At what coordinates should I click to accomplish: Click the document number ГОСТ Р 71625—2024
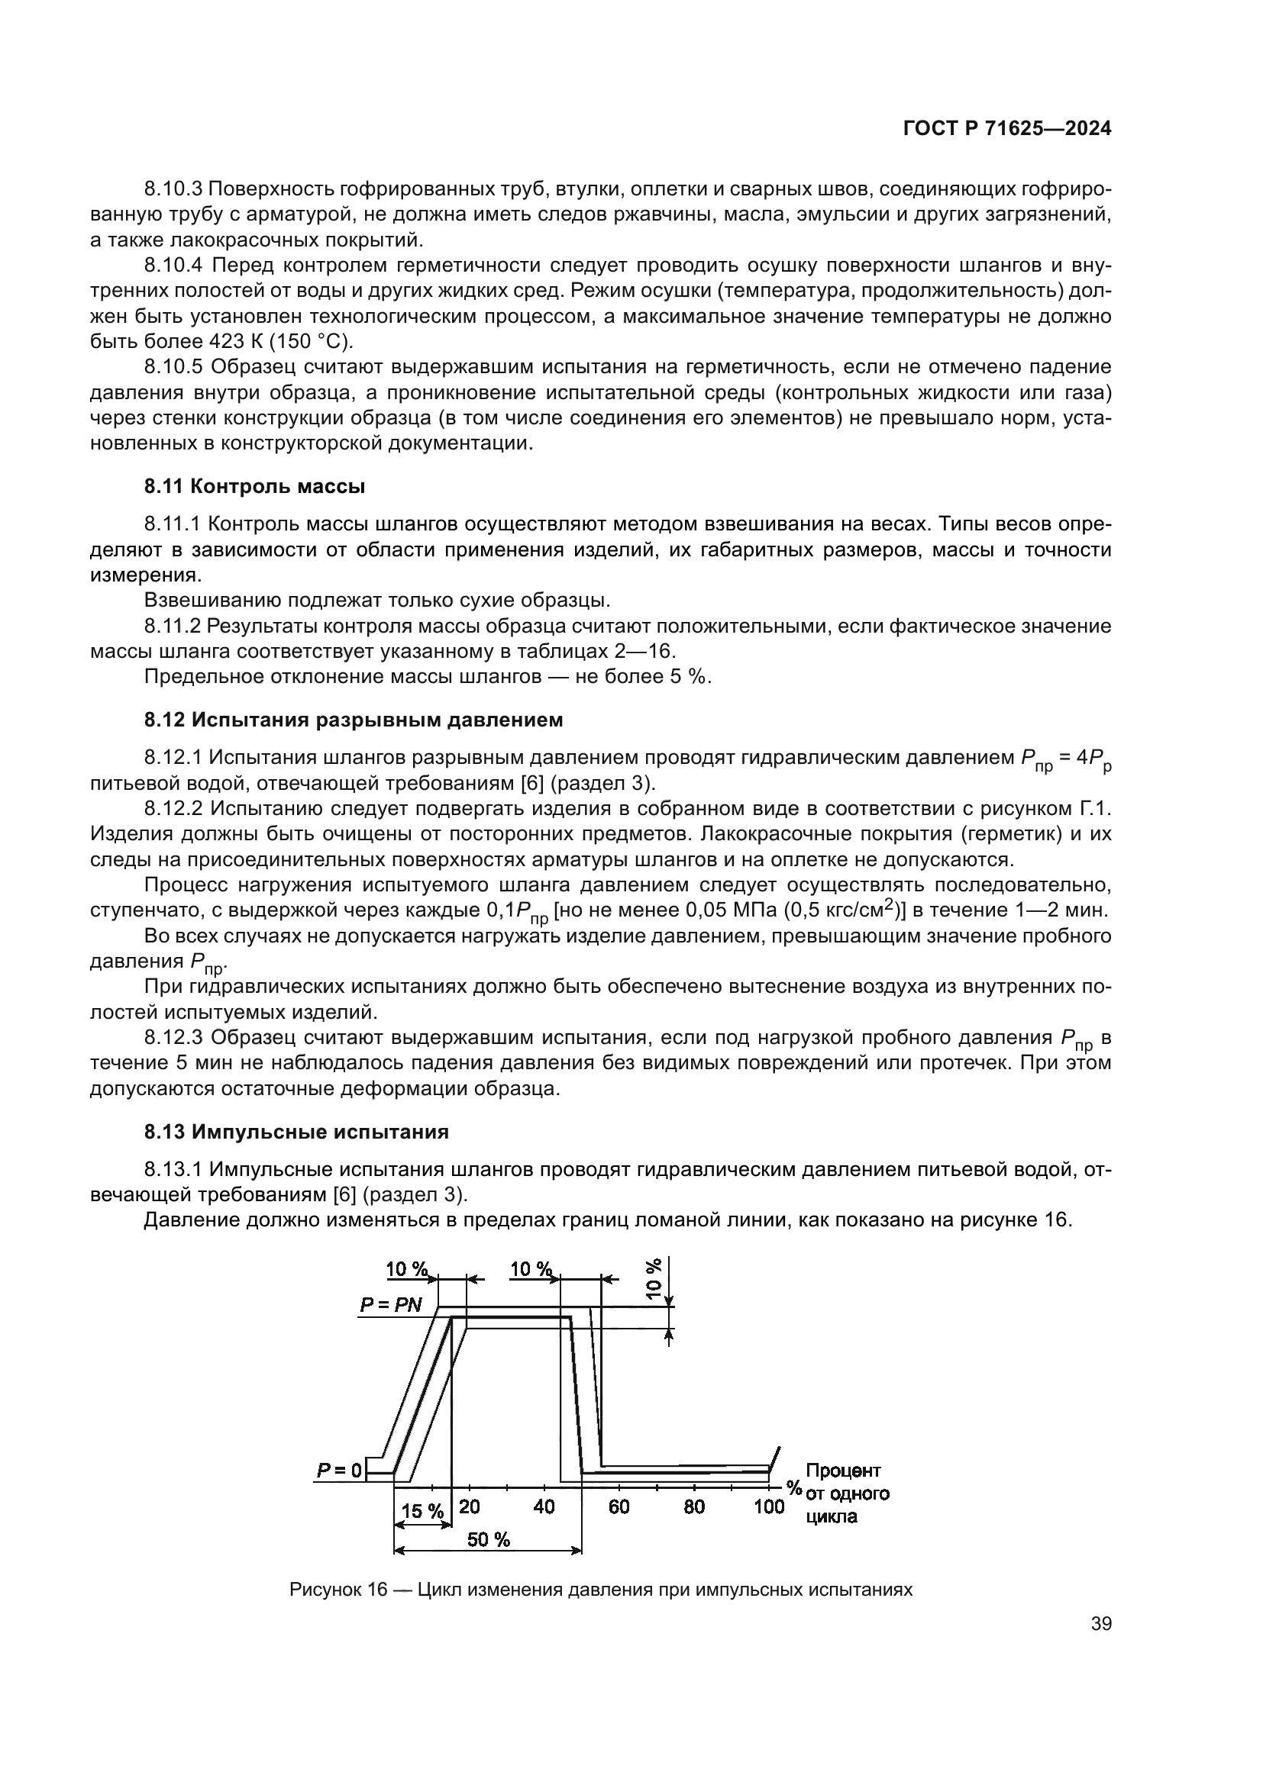point(1006,130)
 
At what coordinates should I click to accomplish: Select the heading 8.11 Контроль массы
point(254,487)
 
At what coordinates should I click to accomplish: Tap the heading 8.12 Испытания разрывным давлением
point(353,720)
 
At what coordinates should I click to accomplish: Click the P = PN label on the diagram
point(390,1303)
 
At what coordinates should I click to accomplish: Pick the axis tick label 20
point(469,1506)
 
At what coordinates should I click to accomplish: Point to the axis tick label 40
point(544,1506)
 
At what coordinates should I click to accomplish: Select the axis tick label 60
point(619,1506)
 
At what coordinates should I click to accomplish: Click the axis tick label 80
point(693,1506)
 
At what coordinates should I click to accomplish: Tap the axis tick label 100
point(768,1506)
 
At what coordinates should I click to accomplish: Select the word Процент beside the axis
point(843,1470)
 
